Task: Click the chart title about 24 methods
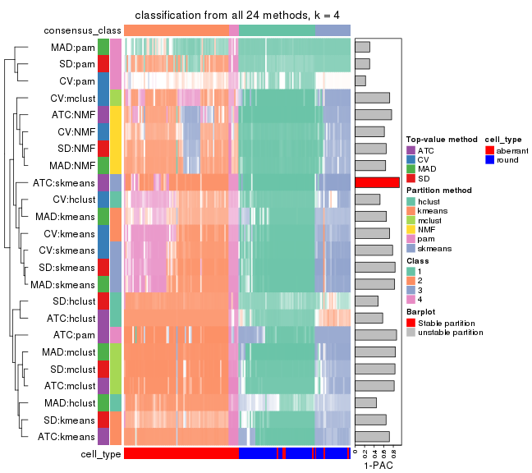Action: pyautogui.click(x=237, y=16)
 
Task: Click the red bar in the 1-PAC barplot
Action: pyautogui.click(x=377, y=182)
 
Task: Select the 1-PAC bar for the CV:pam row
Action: pyautogui.click(x=360, y=80)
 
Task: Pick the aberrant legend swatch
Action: pyautogui.click(x=490, y=150)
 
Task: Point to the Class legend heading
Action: pyautogui.click(x=417, y=261)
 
